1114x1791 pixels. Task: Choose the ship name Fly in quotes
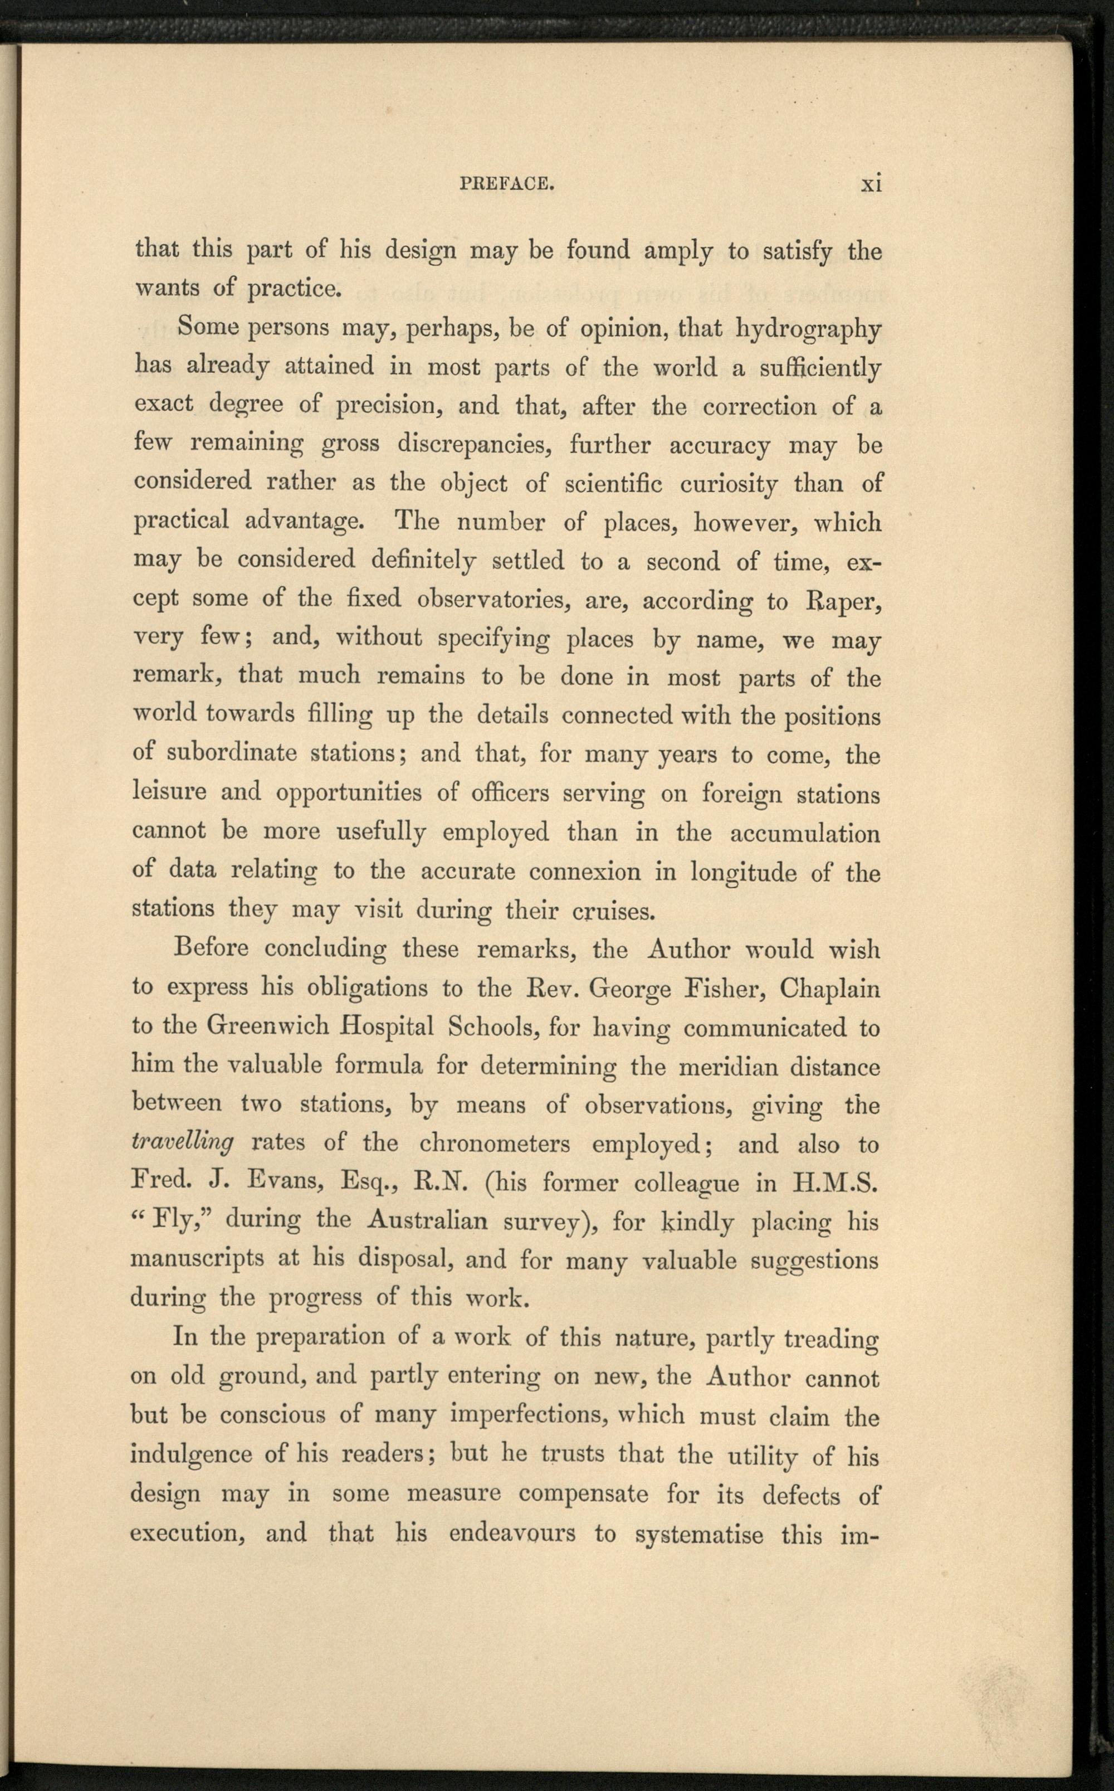click(x=174, y=1221)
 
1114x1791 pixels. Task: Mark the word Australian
click(x=427, y=1221)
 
